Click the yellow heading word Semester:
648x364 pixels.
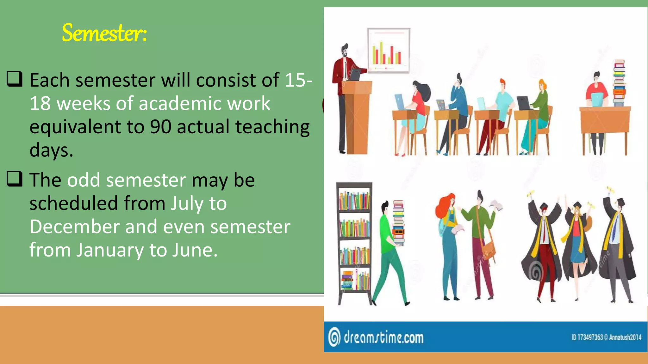(104, 33)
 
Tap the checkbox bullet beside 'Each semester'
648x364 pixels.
(15, 79)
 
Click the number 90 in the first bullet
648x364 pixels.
(160, 127)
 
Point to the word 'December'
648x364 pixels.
(74, 227)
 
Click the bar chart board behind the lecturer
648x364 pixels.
(389, 51)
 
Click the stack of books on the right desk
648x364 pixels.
(619, 83)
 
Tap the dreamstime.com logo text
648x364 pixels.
(383, 337)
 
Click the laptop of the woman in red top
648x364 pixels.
(399, 102)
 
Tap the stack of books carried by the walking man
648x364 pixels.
(398, 223)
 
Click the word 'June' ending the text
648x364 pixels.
(195, 250)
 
